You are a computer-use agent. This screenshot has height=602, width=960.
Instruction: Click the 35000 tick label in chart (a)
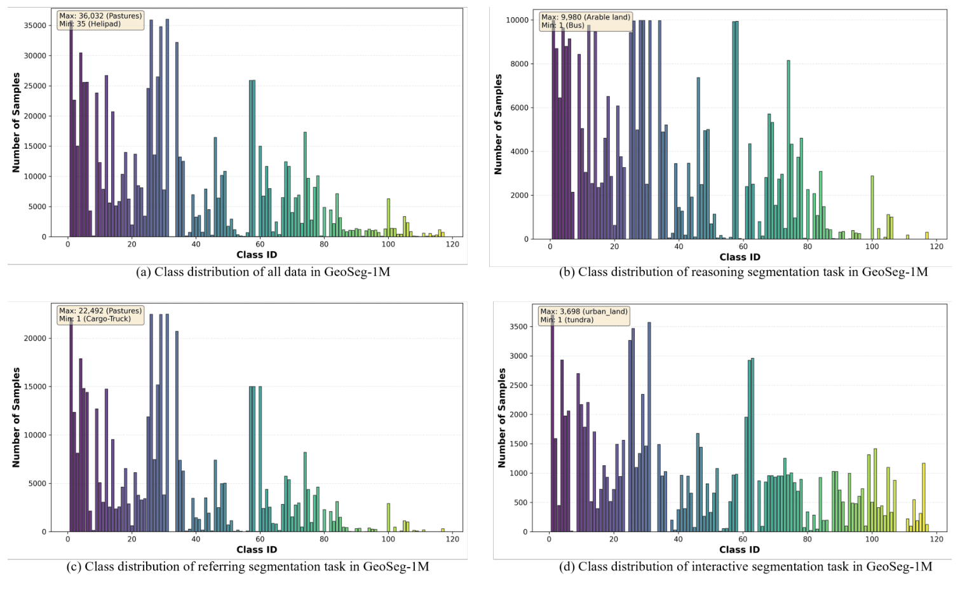35,25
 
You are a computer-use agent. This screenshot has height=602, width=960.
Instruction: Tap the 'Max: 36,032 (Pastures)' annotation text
100,16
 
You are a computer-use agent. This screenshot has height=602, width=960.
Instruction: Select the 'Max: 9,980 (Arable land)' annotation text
585,17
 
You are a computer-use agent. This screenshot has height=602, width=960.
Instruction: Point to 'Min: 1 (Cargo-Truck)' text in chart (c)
95,319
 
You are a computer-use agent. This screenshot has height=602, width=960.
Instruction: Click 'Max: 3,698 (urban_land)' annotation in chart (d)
583,311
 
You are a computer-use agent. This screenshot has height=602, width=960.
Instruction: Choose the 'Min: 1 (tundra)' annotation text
567,320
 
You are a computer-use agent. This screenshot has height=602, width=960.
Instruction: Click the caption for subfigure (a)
263,272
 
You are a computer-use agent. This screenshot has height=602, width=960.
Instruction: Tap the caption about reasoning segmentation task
743,272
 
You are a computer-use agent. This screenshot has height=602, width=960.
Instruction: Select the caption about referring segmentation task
248,566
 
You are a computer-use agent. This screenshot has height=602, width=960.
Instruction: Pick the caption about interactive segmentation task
745,566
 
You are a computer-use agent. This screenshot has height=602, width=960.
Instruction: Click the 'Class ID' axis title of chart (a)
257,255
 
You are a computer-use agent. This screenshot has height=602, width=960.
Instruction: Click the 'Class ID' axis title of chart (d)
739,550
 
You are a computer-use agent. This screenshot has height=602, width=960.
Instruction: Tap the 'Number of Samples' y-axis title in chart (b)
498,125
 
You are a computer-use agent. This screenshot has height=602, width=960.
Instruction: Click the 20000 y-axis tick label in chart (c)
35,338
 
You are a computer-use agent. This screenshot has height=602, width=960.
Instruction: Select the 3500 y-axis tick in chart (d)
518,327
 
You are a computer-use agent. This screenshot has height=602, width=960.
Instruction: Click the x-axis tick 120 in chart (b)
936,247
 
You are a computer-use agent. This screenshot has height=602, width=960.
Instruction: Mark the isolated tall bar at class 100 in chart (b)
872,207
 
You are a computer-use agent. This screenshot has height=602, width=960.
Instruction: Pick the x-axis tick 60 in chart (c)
260,539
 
